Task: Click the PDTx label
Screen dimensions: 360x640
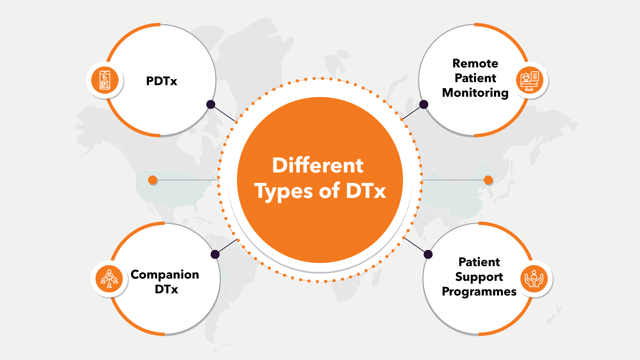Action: pos(161,81)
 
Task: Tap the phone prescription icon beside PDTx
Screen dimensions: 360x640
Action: pos(105,80)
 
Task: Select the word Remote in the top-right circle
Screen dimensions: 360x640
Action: pos(475,63)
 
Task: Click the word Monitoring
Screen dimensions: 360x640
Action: pos(475,93)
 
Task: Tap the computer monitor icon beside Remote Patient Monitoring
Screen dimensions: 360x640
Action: pos(529,80)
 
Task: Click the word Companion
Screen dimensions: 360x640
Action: pos(165,274)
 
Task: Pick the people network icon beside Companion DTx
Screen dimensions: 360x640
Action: pos(109,279)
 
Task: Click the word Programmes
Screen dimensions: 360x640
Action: pos(479,292)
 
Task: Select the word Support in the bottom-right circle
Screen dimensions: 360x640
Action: pos(479,277)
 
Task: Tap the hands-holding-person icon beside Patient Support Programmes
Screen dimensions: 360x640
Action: pos(534,279)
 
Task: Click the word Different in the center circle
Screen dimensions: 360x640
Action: pos(318,165)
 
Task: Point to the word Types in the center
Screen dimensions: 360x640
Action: pos(284,192)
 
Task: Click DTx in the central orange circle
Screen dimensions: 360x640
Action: pos(366,191)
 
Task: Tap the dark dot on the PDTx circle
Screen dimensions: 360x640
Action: pos(211,104)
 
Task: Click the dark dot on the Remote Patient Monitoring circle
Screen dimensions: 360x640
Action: pos(424,104)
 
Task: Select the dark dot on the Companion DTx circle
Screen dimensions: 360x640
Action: pos(215,255)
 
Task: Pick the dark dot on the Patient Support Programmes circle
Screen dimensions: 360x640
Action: pos(428,255)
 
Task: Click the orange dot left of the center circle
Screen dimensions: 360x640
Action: pos(153,180)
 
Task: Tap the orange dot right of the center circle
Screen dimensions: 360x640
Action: pos(488,180)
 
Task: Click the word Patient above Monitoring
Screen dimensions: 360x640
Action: pos(475,78)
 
